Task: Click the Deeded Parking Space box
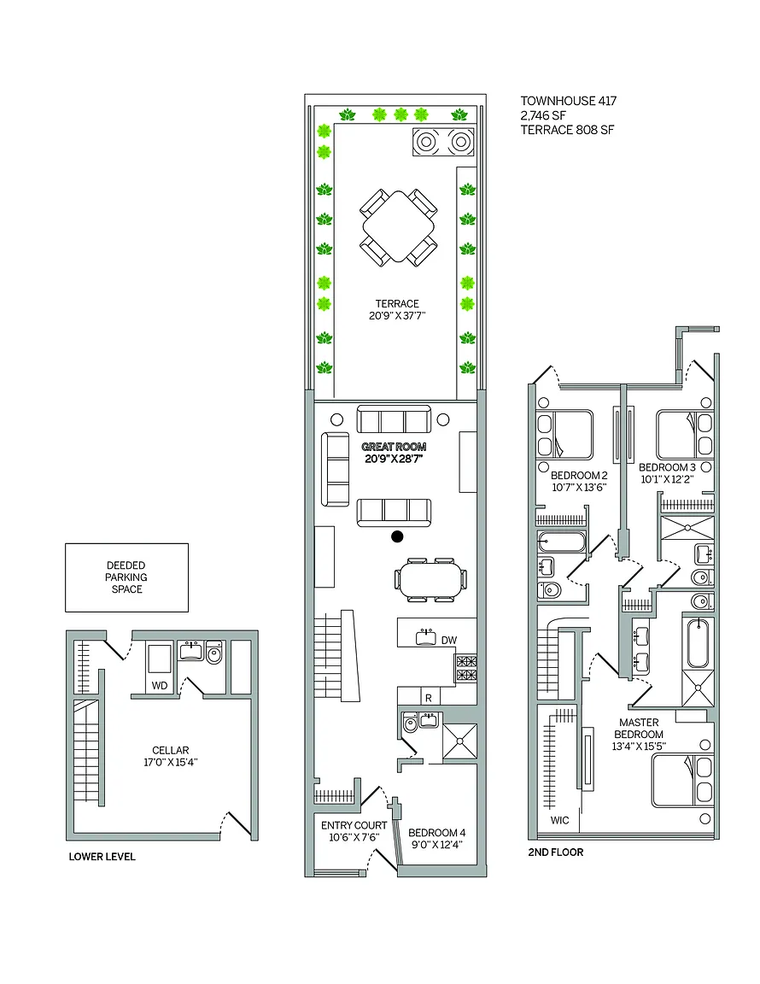point(126,577)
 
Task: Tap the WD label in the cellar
point(160,685)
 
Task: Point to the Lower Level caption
point(102,857)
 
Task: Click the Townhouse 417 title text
point(569,101)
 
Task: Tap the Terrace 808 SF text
point(567,130)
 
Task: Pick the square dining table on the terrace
point(399,226)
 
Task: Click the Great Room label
point(395,447)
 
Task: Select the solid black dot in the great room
point(397,536)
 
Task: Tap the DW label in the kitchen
point(448,641)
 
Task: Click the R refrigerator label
point(429,698)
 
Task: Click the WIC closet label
point(560,820)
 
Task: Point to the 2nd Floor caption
point(556,852)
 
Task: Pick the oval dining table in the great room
point(430,580)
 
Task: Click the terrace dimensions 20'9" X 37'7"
point(397,316)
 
